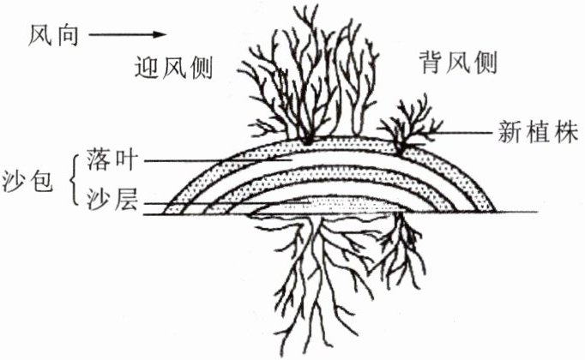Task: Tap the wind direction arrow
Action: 125,35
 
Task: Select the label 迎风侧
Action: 173,65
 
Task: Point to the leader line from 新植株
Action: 463,133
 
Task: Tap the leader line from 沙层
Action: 197,204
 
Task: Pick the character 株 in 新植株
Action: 562,133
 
